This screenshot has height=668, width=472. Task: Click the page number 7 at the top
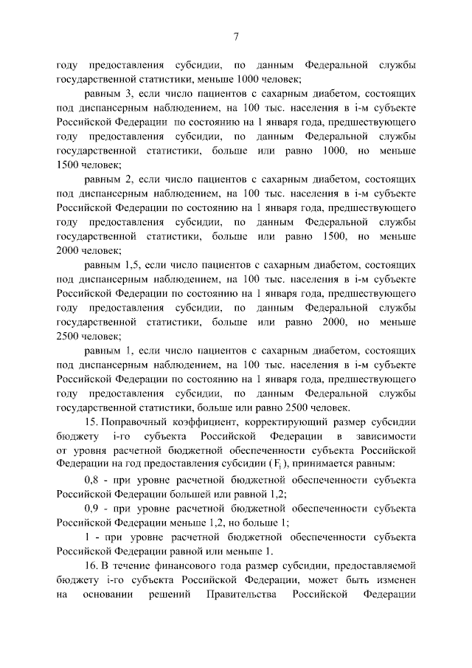(236, 38)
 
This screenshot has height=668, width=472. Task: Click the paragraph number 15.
(92, 422)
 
